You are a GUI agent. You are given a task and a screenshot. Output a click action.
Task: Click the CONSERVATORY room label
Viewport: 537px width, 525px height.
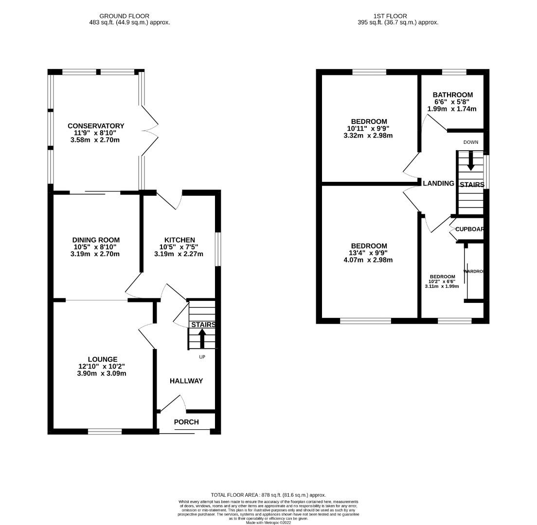click(x=96, y=126)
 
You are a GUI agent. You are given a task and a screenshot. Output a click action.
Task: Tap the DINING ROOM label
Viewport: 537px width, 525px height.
click(x=96, y=240)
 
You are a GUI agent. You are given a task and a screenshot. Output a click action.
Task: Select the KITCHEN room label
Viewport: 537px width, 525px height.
click(x=179, y=240)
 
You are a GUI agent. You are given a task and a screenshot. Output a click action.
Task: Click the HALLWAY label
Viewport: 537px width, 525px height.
click(x=186, y=381)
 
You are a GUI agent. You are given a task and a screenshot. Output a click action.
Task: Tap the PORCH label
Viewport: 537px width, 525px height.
click(x=186, y=422)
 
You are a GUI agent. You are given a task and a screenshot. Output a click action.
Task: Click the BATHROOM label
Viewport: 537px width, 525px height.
click(x=452, y=95)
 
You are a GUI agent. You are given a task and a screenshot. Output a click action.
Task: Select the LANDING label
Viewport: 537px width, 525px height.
click(x=438, y=183)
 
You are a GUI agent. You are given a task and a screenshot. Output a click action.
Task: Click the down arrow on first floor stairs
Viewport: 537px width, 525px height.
click(x=470, y=161)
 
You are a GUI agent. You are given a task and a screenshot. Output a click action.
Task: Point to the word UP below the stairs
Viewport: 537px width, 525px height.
click(x=202, y=357)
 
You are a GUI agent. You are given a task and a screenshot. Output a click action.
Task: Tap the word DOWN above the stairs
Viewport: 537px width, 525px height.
click(x=470, y=142)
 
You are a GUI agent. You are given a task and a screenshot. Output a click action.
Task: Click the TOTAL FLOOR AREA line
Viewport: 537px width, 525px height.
click(x=268, y=495)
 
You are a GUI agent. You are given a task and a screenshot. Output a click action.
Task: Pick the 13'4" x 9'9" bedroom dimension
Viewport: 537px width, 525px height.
click(x=368, y=253)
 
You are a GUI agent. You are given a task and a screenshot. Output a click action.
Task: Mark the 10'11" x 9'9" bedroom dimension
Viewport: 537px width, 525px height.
click(x=368, y=128)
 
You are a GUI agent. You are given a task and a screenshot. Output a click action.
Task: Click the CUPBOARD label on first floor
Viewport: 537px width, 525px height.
click(x=469, y=229)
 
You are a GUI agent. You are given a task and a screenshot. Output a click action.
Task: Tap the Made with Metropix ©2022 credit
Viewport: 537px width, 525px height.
click(x=268, y=523)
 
